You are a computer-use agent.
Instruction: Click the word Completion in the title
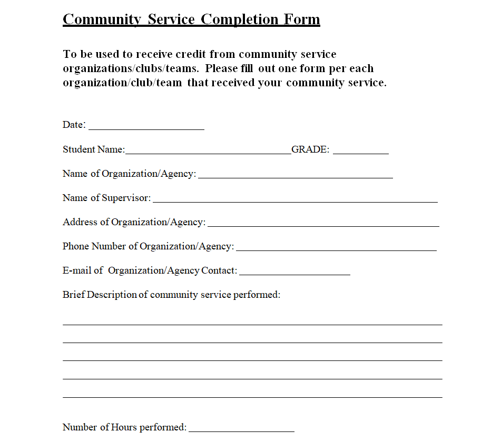(240, 19)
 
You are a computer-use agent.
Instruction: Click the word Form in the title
(302, 19)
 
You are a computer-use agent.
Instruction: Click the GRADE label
(310, 149)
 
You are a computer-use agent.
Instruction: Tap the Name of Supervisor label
(106, 198)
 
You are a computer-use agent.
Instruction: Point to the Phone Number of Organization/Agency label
(148, 246)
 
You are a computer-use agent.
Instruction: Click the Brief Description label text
(171, 295)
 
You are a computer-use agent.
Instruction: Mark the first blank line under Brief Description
(252, 324)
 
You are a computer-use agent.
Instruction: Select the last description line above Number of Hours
(252, 396)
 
